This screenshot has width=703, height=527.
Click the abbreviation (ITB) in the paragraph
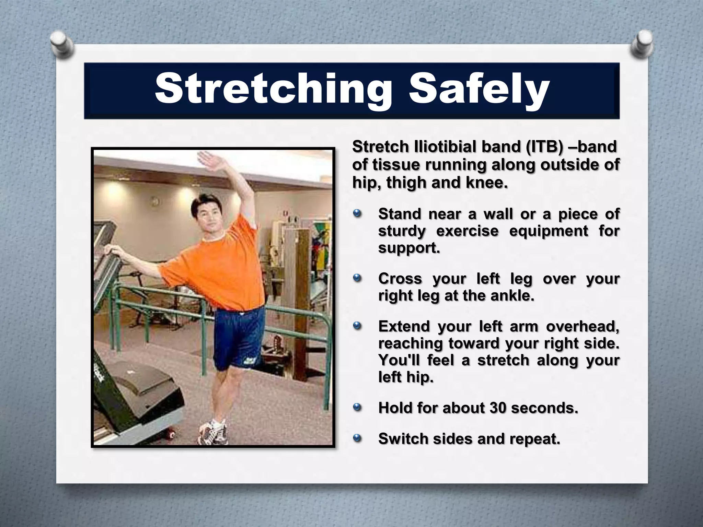coord(544,147)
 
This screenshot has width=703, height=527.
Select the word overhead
coord(583,326)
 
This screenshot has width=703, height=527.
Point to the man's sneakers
coord(213,432)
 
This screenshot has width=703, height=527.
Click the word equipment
coord(549,231)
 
